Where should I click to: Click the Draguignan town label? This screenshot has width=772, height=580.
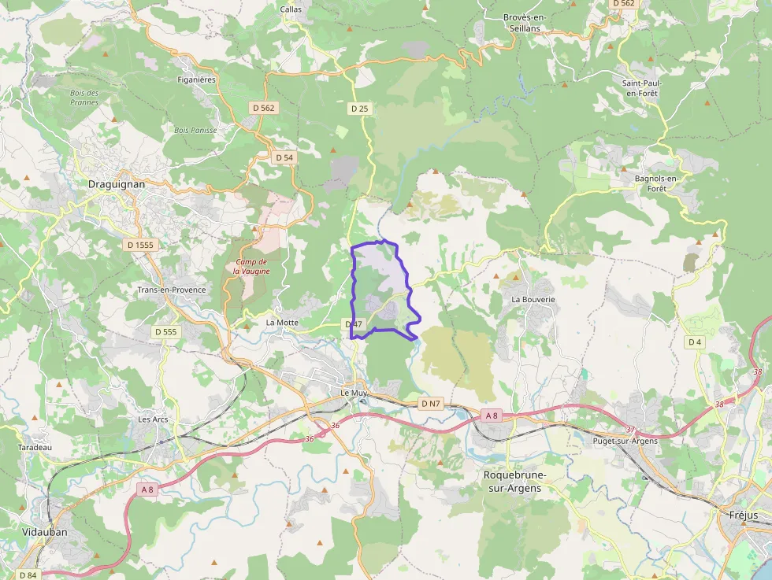[x=117, y=184]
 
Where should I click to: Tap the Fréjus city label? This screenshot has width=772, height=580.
[x=738, y=515]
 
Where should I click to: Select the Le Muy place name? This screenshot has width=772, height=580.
[x=354, y=392]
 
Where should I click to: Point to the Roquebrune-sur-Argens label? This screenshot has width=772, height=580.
[x=514, y=482]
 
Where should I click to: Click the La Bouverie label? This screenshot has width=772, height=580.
[x=533, y=300]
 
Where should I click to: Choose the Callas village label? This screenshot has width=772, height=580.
[x=291, y=9]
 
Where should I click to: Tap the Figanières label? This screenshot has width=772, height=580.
[x=197, y=79]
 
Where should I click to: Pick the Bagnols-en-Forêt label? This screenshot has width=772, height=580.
[x=651, y=183]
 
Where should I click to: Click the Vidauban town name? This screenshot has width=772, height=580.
[x=45, y=532]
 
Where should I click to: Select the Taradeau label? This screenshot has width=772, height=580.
[x=35, y=447]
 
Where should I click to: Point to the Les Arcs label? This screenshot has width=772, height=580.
[x=153, y=419]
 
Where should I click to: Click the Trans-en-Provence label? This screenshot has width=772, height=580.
[x=172, y=290]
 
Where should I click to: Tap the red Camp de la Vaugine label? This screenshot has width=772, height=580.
[x=251, y=266]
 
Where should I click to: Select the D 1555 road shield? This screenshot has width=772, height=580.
[x=141, y=245]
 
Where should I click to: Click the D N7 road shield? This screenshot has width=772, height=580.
[x=430, y=404]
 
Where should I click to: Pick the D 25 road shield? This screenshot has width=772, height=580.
[x=359, y=109]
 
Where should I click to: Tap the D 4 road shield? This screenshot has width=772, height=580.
[x=694, y=342]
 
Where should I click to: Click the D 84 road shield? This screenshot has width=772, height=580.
[x=28, y=575]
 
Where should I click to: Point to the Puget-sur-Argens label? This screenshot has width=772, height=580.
[x=625, y=441]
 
